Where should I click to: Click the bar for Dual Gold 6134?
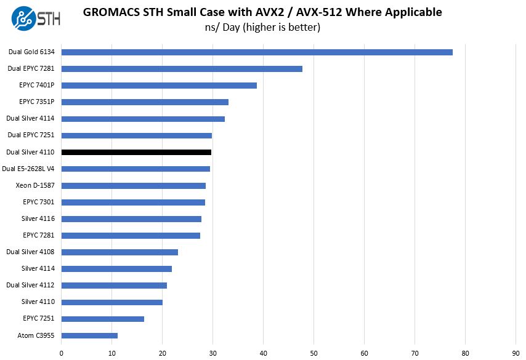tap(257, 52)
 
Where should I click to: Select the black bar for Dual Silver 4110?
tap(136, 152)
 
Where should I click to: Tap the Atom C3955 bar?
tap(89, 335)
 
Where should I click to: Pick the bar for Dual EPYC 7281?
tap(182, 69)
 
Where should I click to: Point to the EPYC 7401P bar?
tap(159, 86)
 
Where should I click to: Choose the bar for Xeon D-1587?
tap(134, 185)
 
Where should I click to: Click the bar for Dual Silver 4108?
tap(119, 252)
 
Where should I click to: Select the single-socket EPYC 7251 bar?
tap(103, 319)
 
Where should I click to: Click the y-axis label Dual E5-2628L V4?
tap(29, 169)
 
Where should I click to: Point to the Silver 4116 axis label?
tap(38, 218)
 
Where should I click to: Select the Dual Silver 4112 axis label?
tap(31, 286)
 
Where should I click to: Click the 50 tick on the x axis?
tap(314, 353)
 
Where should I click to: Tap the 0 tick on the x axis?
tap(62, 353)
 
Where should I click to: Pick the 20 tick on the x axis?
tap(163, 353)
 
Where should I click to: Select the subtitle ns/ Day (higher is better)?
tap(262, 28)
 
